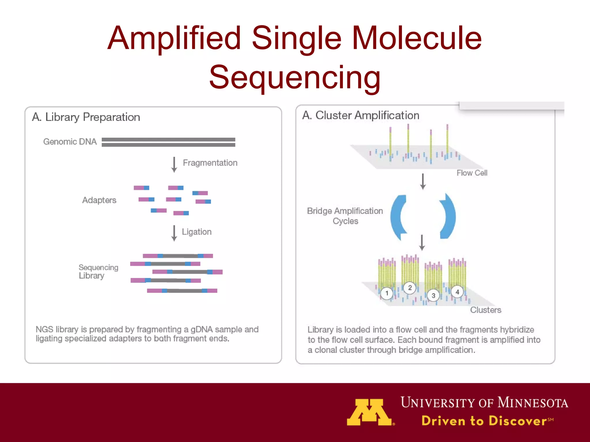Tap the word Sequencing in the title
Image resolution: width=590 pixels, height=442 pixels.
[295, 77]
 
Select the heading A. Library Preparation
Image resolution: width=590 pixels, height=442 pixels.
[86, 117]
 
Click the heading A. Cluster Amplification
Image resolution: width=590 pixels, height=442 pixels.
[361, 115]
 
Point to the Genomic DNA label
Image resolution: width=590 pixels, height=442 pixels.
[70, 142]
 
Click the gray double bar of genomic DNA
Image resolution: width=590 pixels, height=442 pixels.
[168, 142]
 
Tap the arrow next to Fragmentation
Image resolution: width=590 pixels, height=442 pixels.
[174, 165]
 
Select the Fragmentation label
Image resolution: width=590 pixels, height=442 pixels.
[210, 163]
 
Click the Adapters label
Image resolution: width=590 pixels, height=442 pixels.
[99, 200]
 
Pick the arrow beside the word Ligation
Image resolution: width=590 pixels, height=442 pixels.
[174, 233]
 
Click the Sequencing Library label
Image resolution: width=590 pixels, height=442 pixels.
[98, 271]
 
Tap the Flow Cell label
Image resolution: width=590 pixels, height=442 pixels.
[472, 173]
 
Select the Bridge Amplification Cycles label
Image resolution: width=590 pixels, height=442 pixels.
[345, 216]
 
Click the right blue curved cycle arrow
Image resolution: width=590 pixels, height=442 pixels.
[448, 216]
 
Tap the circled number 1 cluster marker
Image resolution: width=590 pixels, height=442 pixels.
[387, 293]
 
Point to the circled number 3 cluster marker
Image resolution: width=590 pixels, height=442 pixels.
[433, 296]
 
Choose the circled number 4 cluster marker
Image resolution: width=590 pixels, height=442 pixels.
[457, 292]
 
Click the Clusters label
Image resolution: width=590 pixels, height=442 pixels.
[485, 310]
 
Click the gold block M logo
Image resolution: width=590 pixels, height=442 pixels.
[369, 412]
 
